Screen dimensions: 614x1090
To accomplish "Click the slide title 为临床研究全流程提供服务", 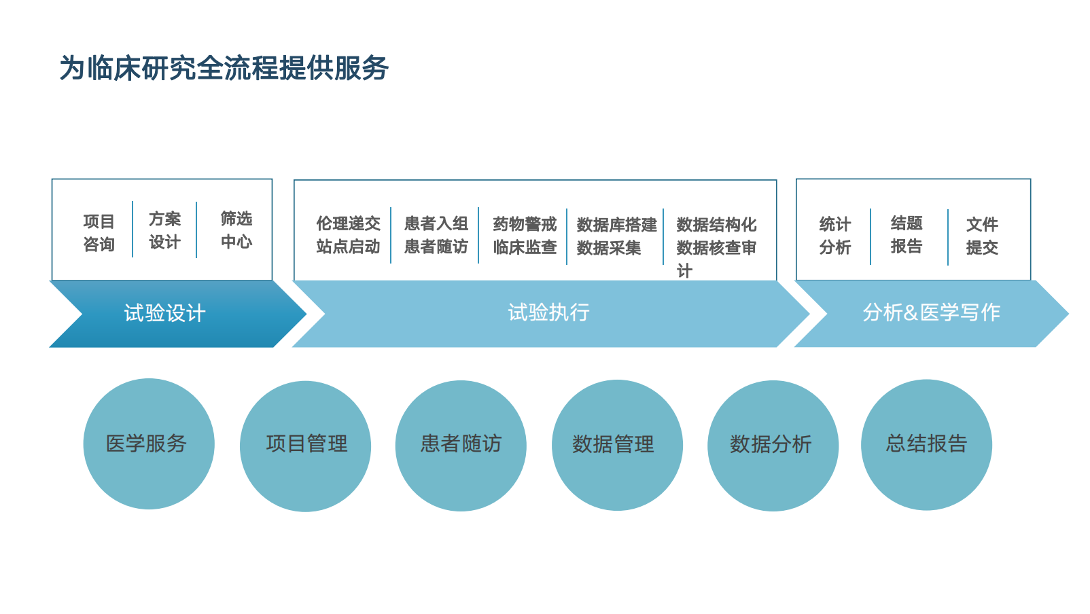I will coord(224,68).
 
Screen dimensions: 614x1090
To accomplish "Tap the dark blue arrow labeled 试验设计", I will coord(165,313).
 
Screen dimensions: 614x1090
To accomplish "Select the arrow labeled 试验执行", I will coord(548,312).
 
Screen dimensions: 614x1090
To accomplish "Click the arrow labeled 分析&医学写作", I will coord(931,312).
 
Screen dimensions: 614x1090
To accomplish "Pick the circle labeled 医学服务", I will coord(148,444).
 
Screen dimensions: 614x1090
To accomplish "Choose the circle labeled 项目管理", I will coord(306,445).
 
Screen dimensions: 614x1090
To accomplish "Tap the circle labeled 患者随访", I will coord(461,445).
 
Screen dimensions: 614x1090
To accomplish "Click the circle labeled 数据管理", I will coord(616,445).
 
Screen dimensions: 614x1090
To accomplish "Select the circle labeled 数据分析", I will coord(773,445).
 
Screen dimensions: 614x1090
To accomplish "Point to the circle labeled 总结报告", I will coord(926,444).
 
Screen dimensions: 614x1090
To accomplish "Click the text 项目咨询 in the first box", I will coord(99,233).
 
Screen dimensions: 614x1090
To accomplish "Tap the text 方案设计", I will coord(165,230).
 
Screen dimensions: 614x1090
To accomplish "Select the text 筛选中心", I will coord(236,230).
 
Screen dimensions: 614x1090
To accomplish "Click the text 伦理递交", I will coord(348,223).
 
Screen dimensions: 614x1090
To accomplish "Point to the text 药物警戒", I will coord(525,224).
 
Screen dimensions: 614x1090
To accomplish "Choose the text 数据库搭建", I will coord(616,225).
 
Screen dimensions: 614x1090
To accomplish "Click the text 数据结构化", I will coord(716,225).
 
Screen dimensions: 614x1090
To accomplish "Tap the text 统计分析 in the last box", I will coord(835,236).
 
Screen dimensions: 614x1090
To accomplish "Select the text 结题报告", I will coord(907,234).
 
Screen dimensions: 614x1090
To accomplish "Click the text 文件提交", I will coord(982,236).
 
